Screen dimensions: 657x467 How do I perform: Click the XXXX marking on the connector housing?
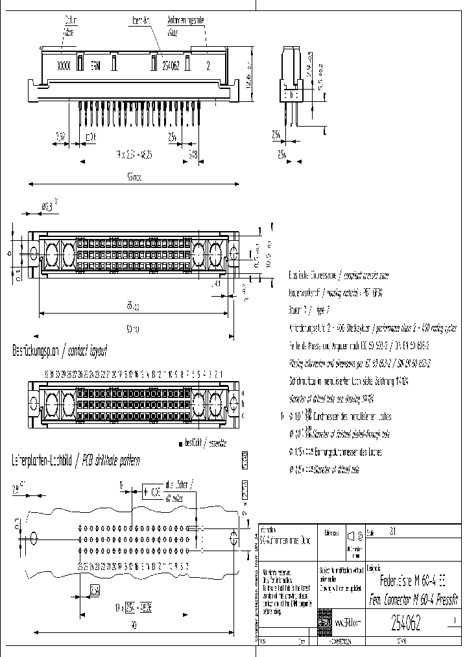click(63, 66)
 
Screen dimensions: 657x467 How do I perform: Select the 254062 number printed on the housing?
click(170, 66)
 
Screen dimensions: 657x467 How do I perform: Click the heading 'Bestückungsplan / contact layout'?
click(60, 351)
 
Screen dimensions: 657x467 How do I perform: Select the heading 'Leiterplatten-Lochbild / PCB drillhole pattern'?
click(76, 460)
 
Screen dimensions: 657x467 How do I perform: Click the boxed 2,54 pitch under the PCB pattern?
click(95, 590)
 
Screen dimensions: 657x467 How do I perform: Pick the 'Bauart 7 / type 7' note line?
click(309, 310)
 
